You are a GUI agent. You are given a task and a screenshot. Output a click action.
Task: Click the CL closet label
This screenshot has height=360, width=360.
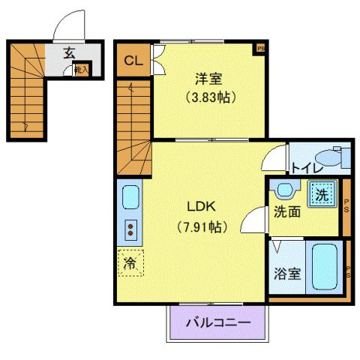click(131, 61)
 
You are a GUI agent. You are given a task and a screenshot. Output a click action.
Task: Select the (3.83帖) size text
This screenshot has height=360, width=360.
click(209, 96)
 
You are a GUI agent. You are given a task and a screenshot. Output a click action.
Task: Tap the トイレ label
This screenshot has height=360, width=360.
click(302, 168)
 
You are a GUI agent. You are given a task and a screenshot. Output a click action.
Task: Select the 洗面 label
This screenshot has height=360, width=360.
click(287, 212)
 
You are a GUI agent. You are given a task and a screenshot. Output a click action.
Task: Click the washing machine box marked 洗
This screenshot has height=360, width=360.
click(321, 193)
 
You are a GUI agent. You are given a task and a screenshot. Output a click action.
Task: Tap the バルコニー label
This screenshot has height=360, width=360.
click(217, 323)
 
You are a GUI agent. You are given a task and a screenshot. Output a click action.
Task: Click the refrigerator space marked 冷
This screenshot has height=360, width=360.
click(130, 263)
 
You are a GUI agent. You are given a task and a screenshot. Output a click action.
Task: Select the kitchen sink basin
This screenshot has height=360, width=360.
click(130, 199)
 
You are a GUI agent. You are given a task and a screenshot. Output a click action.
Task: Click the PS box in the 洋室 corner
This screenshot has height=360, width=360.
click(261, 49)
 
